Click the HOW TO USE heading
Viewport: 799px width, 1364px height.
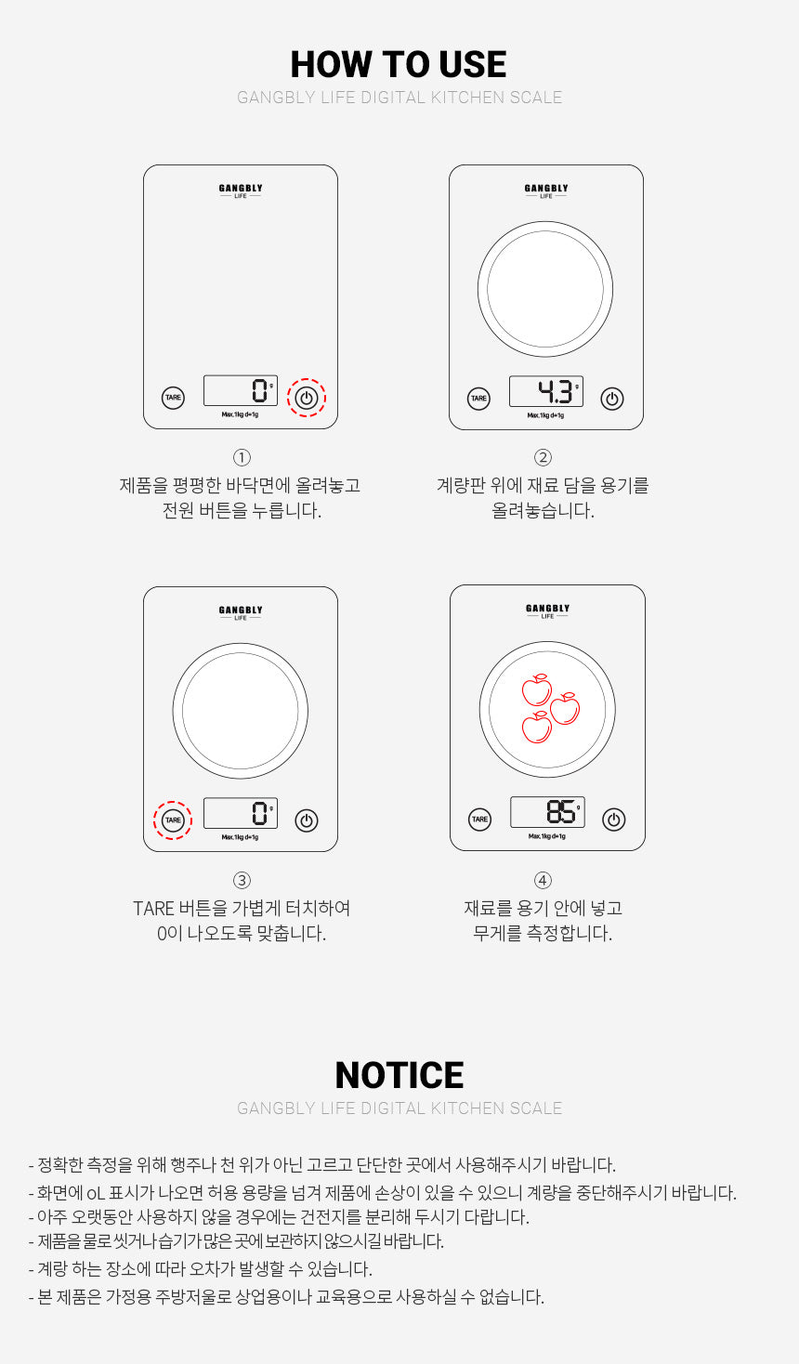point(399,64)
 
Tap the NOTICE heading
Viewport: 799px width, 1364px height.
point(399,1075)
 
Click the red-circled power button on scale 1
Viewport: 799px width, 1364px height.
point(307,399)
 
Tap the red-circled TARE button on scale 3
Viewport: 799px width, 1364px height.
point(173,820)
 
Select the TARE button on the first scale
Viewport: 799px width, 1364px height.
point(173,398)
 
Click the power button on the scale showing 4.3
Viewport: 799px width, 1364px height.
point(611,399)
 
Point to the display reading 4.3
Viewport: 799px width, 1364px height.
point(546,391)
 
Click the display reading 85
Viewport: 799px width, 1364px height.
point(547,812)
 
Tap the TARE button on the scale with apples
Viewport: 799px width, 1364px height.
point(479,820)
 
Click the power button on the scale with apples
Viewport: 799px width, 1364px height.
point(613,820)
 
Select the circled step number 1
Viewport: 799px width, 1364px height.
point(242,457)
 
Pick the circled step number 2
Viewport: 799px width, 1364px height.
point(543,457)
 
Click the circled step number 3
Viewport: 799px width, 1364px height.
point(242,880)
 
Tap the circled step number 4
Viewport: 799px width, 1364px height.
point(543,880)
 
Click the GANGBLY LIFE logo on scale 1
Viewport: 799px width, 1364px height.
point(241,190)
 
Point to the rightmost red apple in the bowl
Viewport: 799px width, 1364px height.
point(565,709)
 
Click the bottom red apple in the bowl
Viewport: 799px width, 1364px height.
point(536,727)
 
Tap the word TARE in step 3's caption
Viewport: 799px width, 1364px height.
point(153,908)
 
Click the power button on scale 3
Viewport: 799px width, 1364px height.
point(307,820)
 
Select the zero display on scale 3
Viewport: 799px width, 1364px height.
point(241,813)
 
